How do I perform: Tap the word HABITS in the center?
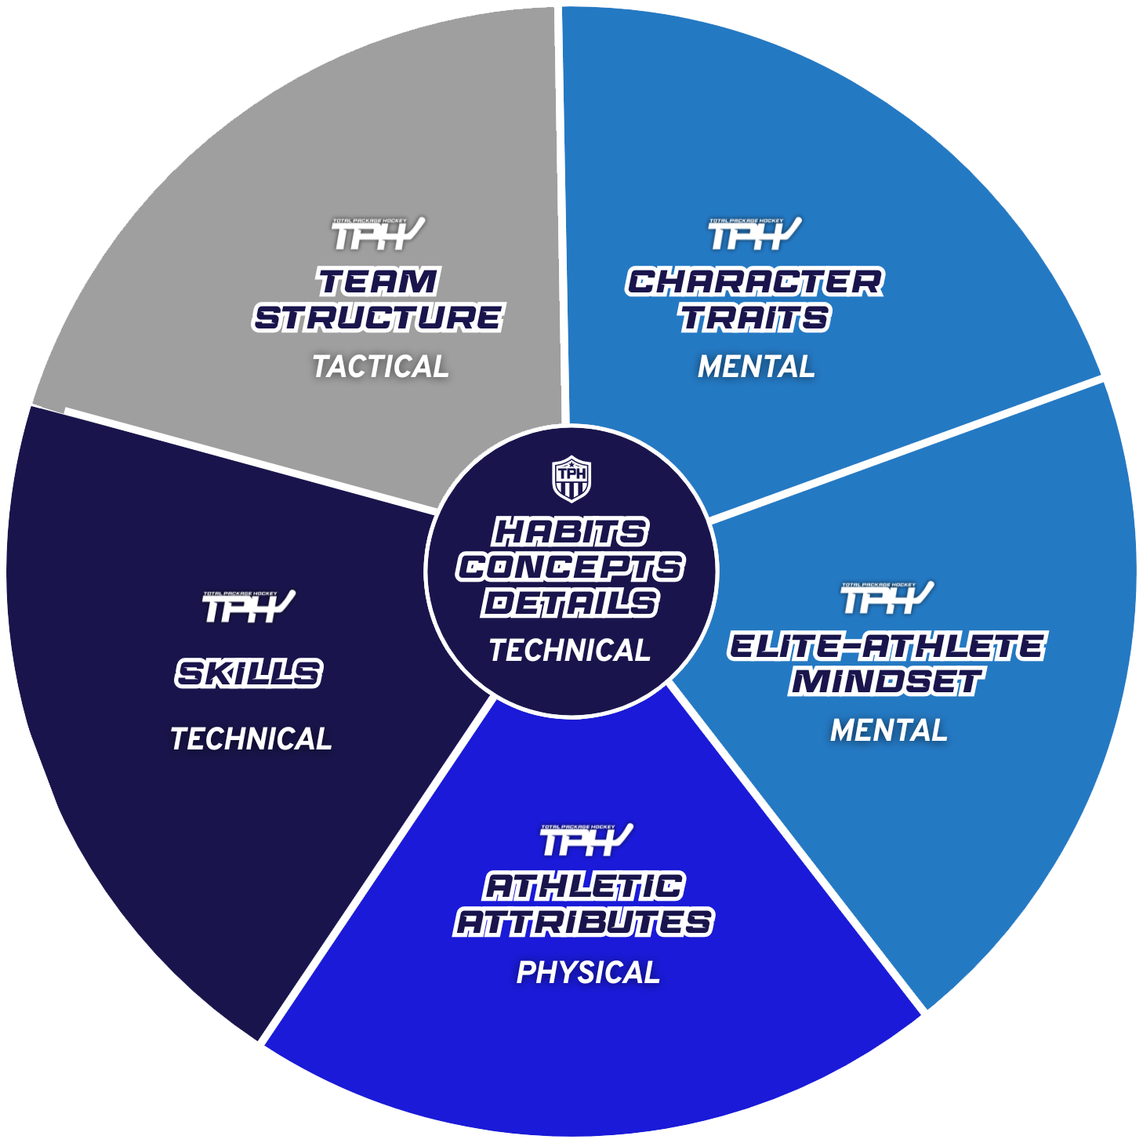(x=570, y=532)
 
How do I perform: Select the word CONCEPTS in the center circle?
(x=570, y=568)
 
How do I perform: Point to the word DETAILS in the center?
(x=570, y=603)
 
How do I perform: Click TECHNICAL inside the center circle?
(x=570, y=650)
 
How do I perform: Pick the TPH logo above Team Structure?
(x=378, y=234)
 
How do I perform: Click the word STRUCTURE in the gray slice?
(x=378, y=317)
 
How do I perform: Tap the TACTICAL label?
(x=380, y=366)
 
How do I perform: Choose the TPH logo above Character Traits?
(x=755, y=234)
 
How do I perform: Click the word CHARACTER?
(x=755, y=282)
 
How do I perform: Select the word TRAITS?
(x=755, y=317)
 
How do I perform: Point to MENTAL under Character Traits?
(x=757, y=366)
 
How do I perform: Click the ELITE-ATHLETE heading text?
(x=887, y=647)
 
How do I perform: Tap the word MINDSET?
(x=887, y=681)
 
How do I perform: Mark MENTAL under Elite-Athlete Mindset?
(x=889, y=731)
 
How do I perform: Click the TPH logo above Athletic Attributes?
(x=586, y=840)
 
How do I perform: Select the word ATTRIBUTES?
(x=585, y=923)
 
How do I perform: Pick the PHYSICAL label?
(x=588, y=973)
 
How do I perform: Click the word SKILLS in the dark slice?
(x=249, y=673)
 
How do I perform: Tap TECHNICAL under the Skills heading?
(x=251, y=738)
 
